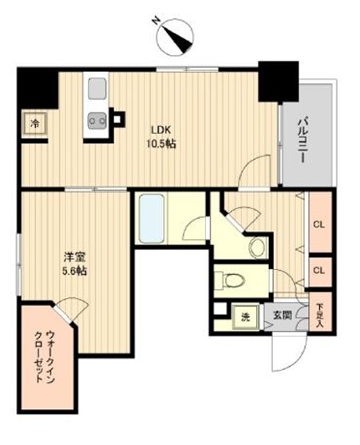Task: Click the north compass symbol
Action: point(176,37)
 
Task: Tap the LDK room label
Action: point(161,130)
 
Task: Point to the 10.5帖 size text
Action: point(161,144)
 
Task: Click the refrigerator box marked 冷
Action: point(35,124)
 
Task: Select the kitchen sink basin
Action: point(97,88)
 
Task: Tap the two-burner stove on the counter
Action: point(97,121)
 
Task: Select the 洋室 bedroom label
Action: point(74,257)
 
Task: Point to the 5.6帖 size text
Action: point(74,272)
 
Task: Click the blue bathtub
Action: point(152,218)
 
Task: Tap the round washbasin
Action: point(258,247)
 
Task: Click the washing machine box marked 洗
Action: point(246,317)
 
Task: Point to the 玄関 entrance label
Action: point(282,315)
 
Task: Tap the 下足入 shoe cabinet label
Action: point(320,316)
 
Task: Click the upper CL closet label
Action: point(319,224)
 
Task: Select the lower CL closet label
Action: point(319,271)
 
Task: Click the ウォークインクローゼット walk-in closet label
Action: point(44,356)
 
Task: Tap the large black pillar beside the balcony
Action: point(279,81)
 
